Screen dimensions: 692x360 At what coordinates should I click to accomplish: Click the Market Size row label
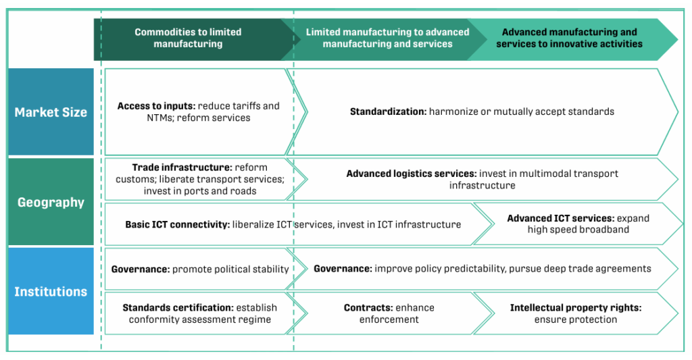(51, 112)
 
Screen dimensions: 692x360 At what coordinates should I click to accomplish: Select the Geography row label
(51, 202)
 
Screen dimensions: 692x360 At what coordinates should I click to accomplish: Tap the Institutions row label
(51, 292)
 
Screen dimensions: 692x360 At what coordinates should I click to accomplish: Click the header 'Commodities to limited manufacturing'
(188, 38)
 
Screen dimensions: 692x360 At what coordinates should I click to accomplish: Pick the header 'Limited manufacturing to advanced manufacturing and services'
(387, 38)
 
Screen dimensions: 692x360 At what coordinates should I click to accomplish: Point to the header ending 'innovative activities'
(569, 38)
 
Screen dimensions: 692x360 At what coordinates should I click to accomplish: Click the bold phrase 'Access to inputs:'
(156, 106)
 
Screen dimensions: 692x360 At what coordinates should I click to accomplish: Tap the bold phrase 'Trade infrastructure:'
(182, 168)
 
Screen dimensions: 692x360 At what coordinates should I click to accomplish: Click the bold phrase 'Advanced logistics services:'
(412, 174)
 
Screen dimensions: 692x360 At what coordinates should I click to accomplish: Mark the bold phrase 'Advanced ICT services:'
(560, 218)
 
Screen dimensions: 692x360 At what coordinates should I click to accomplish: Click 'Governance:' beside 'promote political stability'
(141, 269)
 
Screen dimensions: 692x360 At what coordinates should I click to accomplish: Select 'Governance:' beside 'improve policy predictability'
(343, 269)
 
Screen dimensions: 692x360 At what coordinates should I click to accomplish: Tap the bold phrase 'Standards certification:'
(178, 307)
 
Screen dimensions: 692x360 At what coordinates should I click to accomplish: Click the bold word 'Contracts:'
(368, 307)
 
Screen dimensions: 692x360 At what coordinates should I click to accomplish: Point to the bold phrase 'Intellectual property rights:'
(576, 307)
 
